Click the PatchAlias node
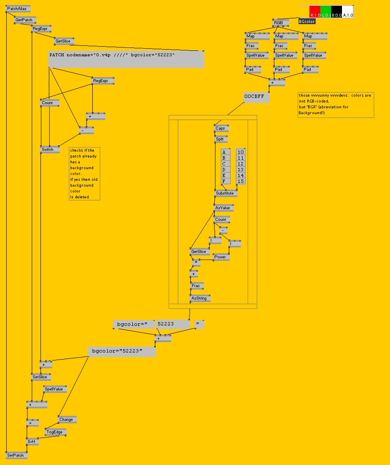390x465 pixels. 18,9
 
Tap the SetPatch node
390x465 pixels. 17,455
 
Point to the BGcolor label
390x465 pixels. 307,21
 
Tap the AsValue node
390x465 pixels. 223,208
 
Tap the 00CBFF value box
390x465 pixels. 256,97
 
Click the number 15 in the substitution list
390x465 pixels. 241,181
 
